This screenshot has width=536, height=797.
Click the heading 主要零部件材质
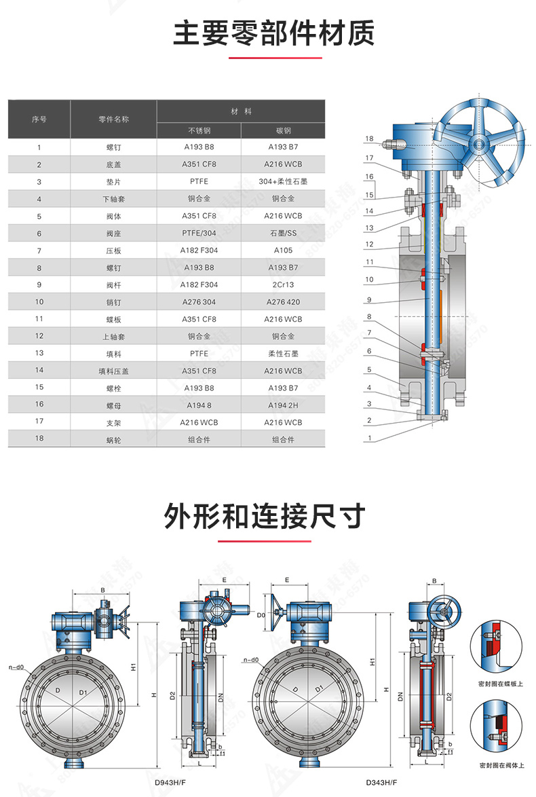[x=273, y=33]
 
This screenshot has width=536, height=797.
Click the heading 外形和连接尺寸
[x=265, y=517]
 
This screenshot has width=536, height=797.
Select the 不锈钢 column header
[x=199, y=130]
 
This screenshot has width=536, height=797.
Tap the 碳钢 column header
[x=283, y=130]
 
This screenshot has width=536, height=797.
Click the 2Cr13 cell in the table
[x=283, y=284]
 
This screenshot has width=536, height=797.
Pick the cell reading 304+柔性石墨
[x=283, y=181]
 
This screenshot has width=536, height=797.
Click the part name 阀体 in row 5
[x=113, y=216]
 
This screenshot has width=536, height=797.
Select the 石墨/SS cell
[x=283, y=233]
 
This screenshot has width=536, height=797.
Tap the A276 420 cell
[x=283, y=301]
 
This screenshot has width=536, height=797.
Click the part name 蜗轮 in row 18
[x=113, y=439]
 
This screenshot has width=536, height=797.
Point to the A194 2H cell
[x=283, y=405]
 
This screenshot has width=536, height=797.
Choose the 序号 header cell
[x=39, y=119]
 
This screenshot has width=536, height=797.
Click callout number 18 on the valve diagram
[x=369, y=139]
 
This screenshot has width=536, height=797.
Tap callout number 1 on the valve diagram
[x=369, y=439]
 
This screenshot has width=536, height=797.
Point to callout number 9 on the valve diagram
[x=369, y=299]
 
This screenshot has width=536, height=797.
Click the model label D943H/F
[x=170, y=782]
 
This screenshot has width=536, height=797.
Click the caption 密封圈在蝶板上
[x=501, y=684]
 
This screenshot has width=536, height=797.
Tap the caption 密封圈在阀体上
[x=501, y=765]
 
